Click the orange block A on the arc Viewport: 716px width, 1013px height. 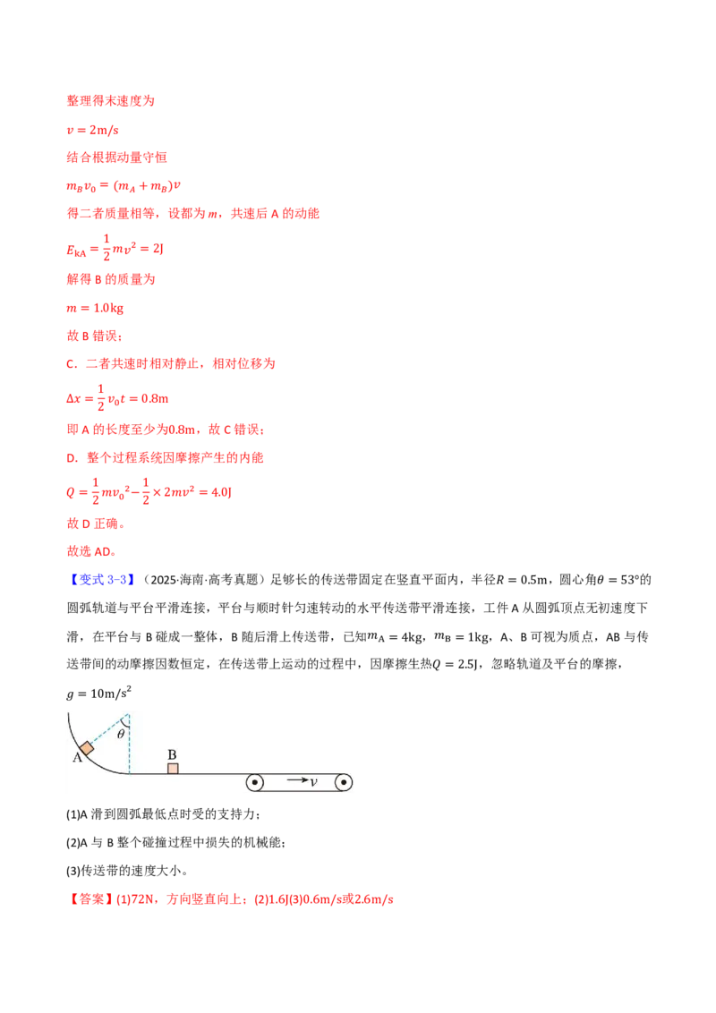click(x=87, y=748)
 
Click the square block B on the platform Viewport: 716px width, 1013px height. click(x=173, y=768)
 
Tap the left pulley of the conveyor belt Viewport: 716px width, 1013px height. click(x=255, y=782)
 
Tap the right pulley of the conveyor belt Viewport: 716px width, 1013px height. click(x=343, y=782)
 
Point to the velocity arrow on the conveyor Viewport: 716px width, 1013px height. click(x=298, y=780)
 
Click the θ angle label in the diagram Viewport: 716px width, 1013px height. click(x=121, y=734)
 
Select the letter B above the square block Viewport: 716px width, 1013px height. click(x=172, y=754)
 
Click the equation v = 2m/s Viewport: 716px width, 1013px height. click(x=92, y=130)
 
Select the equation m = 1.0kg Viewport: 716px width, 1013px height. click(x=94, y=308)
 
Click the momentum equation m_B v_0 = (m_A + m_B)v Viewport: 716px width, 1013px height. click(x=124, y=186)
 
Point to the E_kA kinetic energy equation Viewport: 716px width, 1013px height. click(x=115, y=248)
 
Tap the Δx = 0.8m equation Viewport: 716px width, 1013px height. click(x=117, y=398)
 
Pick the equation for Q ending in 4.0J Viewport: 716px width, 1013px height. click(x=149, y=491)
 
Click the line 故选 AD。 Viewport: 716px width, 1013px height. click(x=91, y=551)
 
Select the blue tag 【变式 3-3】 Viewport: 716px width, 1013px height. click(x=101, y=580)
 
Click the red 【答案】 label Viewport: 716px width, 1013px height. click(x=89, y=898)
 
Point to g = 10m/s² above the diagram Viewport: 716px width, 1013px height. click(x=98, y=694)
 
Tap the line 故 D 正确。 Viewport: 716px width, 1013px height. click(x=96, y=524)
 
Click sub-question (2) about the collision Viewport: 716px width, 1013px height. click(x=175, y=842)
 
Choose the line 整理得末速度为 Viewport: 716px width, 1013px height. click(x=110, y=101)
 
